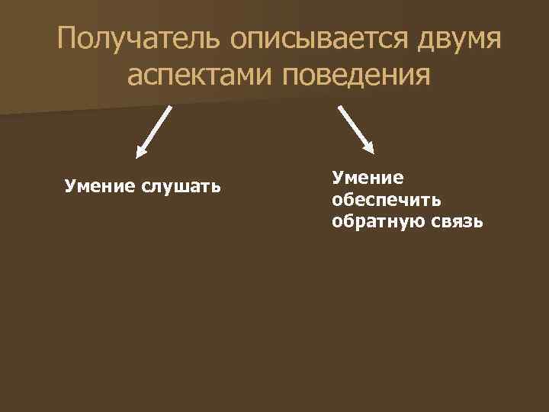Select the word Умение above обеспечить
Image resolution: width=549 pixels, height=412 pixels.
pyautogui.click(x=367, y=178)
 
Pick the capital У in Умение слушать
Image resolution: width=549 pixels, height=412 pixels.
pyautogui.click(x=69, y=185)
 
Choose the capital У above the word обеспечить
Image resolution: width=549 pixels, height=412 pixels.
pyautogui.click(x=337, y=178)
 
